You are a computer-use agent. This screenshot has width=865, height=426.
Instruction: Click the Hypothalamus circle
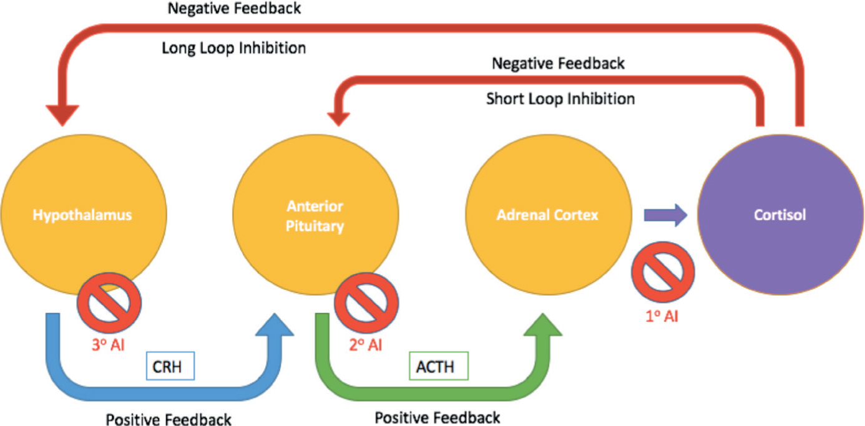coord(84,215)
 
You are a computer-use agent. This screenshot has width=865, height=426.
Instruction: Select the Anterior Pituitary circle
coord(316,215)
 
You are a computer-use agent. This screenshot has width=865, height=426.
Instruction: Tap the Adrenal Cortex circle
coord(549,215)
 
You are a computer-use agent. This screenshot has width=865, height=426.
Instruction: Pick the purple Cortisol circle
coord(780,215)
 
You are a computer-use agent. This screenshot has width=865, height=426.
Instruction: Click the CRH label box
coord(170,365)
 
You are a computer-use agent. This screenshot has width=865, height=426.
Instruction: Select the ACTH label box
coord(439,365)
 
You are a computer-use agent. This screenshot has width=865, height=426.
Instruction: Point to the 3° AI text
coord(108,345)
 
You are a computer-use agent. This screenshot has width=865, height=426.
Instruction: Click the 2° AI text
coord(365,345)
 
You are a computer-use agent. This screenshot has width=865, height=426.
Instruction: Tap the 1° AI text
coord(662,316)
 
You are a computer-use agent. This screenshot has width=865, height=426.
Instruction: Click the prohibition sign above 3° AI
coord(109,303)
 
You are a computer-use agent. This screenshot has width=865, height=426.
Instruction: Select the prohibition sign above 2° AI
coord(366,303)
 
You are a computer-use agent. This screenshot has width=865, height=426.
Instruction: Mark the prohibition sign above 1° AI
coord(663,272)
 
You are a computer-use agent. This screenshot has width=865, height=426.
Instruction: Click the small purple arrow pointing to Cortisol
coord(665,215)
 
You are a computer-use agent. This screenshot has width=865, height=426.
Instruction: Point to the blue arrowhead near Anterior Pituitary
coord(275,324)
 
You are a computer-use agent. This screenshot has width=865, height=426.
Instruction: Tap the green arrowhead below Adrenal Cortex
coord(543,324)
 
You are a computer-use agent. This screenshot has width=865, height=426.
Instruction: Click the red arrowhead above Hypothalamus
coord(62,115)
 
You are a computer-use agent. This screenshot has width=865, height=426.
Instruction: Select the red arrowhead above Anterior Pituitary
coord(339,119)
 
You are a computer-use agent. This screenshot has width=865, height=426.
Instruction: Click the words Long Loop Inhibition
coord(233,48)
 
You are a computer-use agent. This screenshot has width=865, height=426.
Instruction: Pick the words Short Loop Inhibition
coord(560,99)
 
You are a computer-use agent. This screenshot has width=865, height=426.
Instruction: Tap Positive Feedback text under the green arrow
coord(437,417)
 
